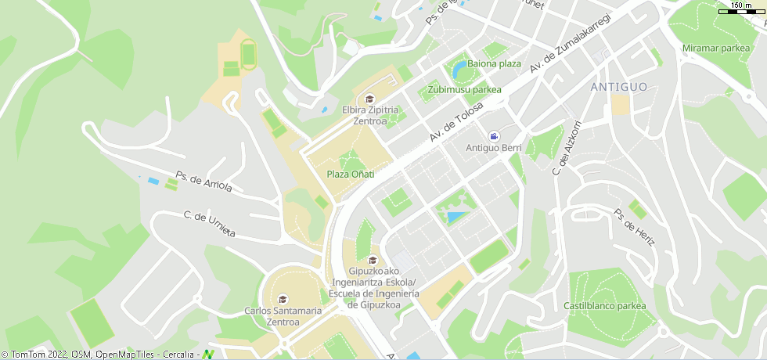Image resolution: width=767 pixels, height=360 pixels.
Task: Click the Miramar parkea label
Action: (716, 49)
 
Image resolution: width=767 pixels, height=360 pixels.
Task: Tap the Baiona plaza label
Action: (494, 63)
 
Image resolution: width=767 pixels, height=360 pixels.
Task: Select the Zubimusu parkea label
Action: (464, 89)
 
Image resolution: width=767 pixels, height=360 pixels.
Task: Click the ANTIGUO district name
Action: (619, 86)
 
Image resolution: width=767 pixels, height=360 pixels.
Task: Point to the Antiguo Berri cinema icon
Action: (494, 136)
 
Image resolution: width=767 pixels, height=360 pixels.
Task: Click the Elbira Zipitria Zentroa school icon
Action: (370, 99)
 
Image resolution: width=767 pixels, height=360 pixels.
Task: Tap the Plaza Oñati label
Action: (350, 174)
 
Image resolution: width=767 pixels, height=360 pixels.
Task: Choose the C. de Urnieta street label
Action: (209, 225)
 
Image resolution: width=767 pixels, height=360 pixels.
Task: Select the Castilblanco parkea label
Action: (605, 305)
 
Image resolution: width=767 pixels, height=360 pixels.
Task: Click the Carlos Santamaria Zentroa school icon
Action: (283, 298)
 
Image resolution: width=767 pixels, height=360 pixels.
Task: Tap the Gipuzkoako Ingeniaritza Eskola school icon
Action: (373, 260)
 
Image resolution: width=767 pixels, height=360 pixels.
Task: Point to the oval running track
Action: (248, 55)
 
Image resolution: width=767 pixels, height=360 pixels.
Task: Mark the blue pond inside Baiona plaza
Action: (459, 72)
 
